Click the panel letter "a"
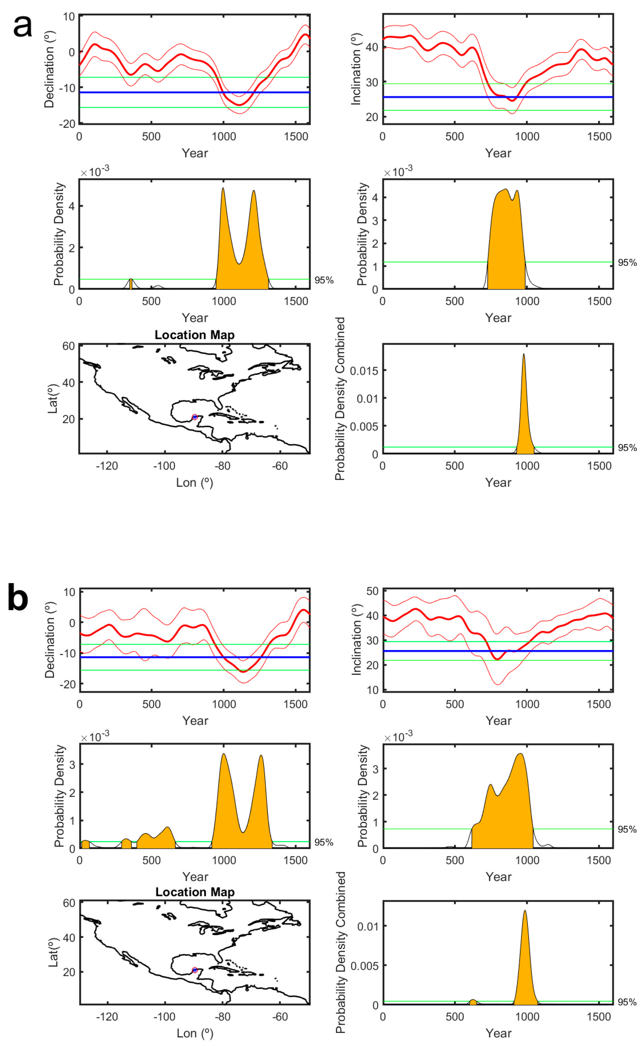click(x=22, y=26)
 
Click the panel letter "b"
click(x=18, y=598)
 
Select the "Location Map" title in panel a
click(x=195, y=335)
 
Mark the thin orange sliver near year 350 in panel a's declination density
click(x=131, y=284)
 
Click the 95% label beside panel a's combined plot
click(x=627, y=448)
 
